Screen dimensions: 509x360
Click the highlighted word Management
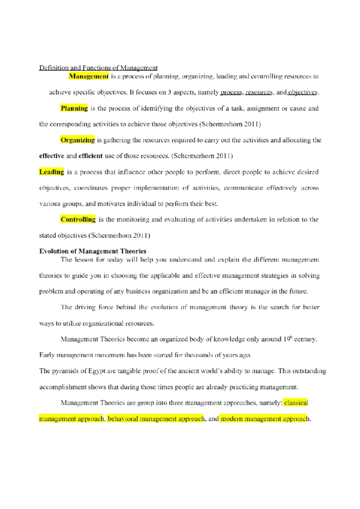pyautogui.click(x=88, y=76)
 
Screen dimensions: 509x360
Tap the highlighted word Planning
pyautogui.click(x=74, y=108)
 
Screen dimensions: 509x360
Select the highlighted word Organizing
pyautogui.click(x=77, y=140)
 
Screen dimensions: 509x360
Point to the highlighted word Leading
pyautogui.click(x=52, y=172)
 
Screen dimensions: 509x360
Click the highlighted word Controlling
pyautogui.click(x=78, y=219)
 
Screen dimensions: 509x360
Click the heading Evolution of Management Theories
pyautogui.click(x=93, y=251)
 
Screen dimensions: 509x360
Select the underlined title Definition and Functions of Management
pyautogui.click(x=98, y=68)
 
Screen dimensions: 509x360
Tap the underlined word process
pyautogui.click(x=231, y=92)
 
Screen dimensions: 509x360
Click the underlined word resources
pyautogui.click(x=259, y=92)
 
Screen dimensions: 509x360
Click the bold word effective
pyautogui.click(x=52, y=156)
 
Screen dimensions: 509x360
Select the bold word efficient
pyautogui.click(x=90, y=156)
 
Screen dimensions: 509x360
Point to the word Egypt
pyautogui.click(x=97, y=371)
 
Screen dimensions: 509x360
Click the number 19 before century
pyautogui.click(x=286, y=339)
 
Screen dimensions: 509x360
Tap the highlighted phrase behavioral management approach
pyautogui.click(x=156, y=419)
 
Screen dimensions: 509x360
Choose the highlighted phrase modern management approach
pyautogui.click(x=264, y=419)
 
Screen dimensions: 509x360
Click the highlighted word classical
pyautogui.click(x=296, y=403)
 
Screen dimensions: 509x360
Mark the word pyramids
pyautogui.click(x=65, y=371)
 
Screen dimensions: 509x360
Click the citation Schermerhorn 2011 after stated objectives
pyautogui.click(x=119, y=236)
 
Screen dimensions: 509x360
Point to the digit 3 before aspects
pyautogui.click(x=169, y=92)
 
